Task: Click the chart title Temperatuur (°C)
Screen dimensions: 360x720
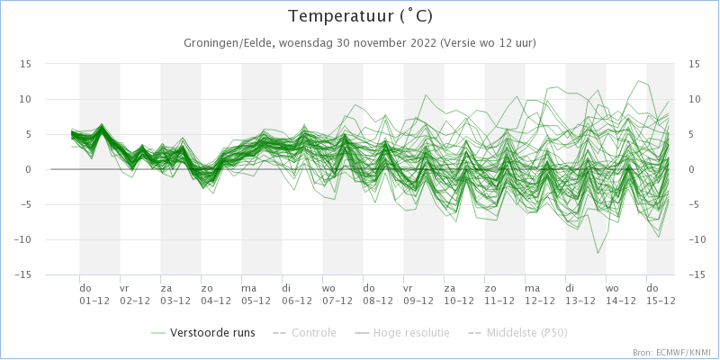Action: coord(359,17)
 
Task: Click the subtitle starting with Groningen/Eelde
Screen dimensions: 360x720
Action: coord(360,43)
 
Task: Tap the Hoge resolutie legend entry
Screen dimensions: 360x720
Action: coord(406,332)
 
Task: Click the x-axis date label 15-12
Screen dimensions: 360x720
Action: coord(660,301)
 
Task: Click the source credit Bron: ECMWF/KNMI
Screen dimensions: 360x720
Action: coord(672,353)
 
